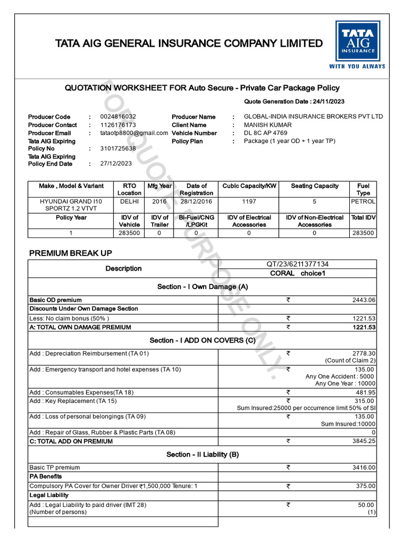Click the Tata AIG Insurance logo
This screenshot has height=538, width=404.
point(357,45)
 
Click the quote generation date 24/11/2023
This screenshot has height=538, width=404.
point(328,101)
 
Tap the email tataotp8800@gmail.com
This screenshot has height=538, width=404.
point(134,133)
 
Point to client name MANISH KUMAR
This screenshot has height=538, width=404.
point(268,125)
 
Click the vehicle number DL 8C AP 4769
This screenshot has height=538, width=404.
point(266,133)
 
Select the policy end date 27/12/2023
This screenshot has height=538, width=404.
point(116,164)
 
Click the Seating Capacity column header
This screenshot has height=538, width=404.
point(315,186)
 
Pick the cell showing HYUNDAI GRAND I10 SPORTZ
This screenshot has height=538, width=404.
point(71,205)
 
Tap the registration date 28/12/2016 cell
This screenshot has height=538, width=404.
point(196,201)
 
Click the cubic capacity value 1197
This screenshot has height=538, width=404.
point(249,201)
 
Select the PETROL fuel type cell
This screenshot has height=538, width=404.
point(363,201)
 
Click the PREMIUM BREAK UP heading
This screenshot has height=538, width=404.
point(70,253)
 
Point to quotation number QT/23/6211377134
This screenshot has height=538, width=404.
point(297,264)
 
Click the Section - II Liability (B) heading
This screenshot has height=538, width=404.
point(203,454)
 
